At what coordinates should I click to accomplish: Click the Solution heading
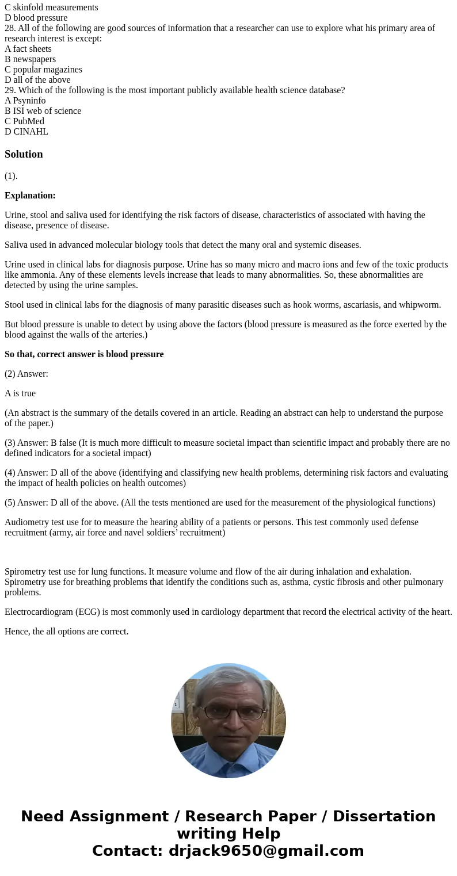click(x=24, y=154)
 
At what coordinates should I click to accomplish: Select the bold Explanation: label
click(x=30, y=196)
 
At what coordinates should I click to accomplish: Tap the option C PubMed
click(x=24, y=121)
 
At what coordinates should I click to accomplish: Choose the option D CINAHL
click(x=26, y=132)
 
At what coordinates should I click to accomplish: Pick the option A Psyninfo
click(x=25, y=101)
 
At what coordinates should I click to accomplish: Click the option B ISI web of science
click(x=43, y=111)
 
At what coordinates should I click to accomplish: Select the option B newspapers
click(x=30, y=59)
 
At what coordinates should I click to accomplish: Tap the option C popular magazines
click(x=43, y=70)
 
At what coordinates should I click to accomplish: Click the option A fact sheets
click(x=28, y=49)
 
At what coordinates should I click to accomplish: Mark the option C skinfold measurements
click(x=51, y=7)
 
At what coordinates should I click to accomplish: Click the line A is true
click(x=20, y=393)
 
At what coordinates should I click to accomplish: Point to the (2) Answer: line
click(x=26, y=374)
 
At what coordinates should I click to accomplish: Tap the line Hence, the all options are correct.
click(x=66, y=632)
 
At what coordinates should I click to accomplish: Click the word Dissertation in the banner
click(x=384, y=817)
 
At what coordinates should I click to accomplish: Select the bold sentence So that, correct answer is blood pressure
click(x=84, y=354)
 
